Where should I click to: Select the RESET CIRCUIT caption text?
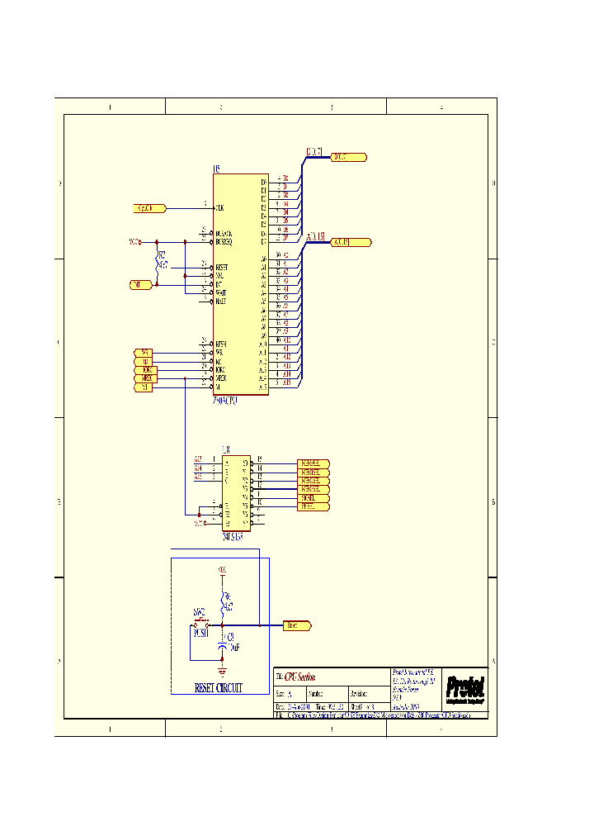218,687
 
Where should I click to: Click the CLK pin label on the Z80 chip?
220,208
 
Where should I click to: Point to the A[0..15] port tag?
351,243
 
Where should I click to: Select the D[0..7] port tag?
349,157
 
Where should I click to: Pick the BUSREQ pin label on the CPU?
224,242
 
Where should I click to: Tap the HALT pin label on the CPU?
221,302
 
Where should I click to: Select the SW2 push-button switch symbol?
200,623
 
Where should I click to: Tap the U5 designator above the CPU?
217,169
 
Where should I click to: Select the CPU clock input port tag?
150,208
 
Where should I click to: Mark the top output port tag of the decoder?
313,463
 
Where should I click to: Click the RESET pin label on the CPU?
221,268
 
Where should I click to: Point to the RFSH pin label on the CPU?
221,344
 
